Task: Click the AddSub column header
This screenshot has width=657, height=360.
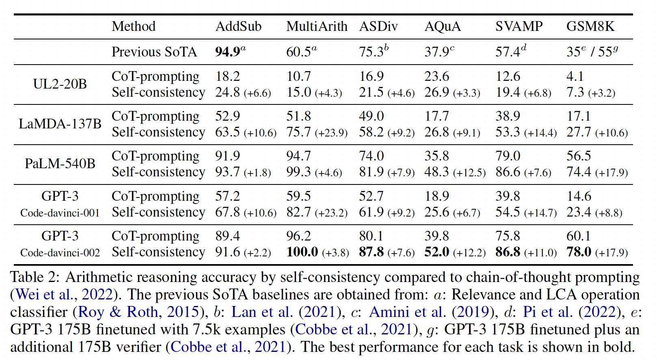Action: point(238,26)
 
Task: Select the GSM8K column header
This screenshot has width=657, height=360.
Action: point(590,26)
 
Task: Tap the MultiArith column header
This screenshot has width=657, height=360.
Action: point(317,26)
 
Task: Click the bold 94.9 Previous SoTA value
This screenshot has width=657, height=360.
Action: point(228,52)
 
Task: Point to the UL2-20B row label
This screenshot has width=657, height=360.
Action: point(60,84)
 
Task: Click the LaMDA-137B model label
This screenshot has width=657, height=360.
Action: point(60,124)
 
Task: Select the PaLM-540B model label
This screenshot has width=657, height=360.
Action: point(60,164)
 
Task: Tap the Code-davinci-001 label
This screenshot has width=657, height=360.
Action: point(60,213)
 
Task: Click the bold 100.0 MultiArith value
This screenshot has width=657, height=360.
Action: point(302,252)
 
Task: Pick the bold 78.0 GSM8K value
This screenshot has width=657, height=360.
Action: point(579,252)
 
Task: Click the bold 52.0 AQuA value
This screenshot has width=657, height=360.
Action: point(437,252)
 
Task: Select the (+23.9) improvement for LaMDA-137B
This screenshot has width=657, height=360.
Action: point(331,133)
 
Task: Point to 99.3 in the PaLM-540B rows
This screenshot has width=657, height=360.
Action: point(298,172)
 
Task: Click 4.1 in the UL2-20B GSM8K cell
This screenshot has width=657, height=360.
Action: point(575,76)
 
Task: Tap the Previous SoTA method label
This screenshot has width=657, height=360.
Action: point(154,52)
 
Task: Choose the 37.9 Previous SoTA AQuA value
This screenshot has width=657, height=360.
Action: point(437,52)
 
